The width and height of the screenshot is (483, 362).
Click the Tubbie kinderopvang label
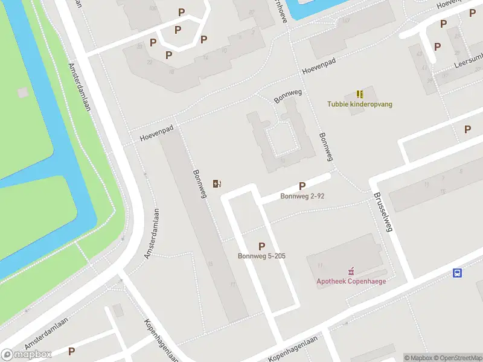pos(360,104)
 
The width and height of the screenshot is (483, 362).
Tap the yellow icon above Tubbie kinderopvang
pos(360,94)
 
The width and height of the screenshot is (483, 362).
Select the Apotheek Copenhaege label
pos(351,281)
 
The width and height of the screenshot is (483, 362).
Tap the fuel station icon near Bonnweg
pos(217,183)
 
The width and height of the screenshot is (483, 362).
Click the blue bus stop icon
pos(458,273)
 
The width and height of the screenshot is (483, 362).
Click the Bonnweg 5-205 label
pos(261,256)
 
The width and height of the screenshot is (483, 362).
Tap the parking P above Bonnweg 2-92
pos(302,186)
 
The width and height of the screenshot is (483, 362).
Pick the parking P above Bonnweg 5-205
pos(261,246)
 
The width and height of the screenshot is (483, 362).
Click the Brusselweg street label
pos(383,212)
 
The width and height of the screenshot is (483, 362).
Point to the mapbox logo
pos(27,354)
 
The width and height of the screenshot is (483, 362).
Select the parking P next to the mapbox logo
pos(71,351)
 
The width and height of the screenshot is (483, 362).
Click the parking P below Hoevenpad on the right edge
pos(467,129)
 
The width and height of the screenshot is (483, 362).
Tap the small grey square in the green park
pos(23,92)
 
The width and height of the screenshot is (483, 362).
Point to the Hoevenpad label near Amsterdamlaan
pos(156,133)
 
